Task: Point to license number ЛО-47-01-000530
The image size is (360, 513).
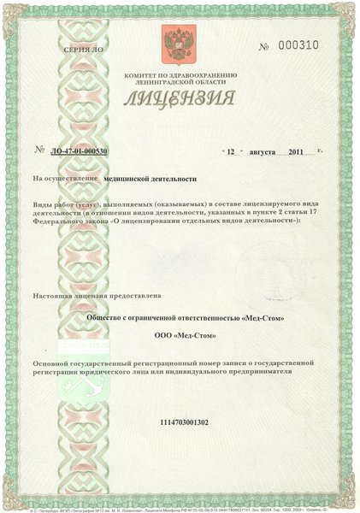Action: click(x=80, y=151)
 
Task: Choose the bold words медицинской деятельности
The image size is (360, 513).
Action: click(x=149, y=180)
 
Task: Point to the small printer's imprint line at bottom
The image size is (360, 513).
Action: click(x=180, y=508)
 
